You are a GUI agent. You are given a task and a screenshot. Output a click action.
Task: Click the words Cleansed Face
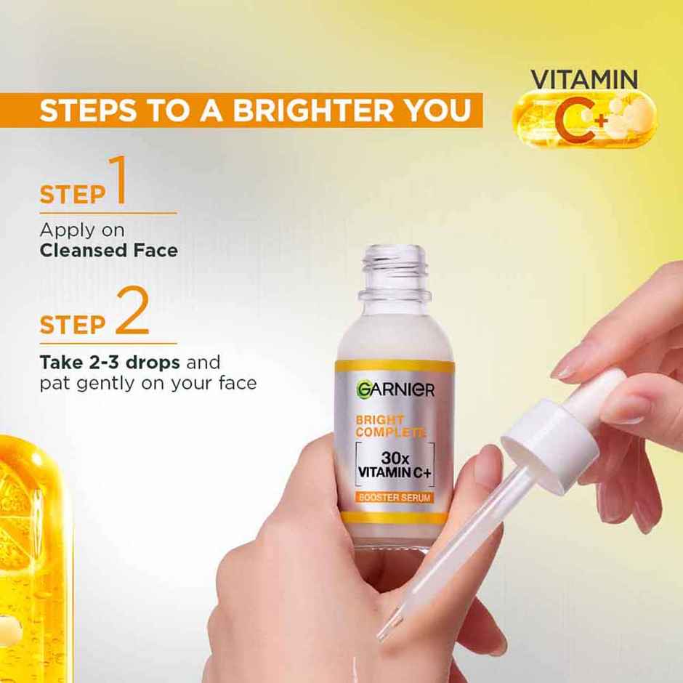coord(108,251)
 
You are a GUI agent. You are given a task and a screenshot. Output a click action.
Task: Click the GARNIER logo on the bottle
coord(395,389)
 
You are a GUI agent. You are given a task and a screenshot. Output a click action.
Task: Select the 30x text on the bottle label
coord(396,459)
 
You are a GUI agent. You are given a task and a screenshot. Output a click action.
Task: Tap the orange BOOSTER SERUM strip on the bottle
coord(395,498)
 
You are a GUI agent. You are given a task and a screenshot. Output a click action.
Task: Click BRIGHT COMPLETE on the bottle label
coord(389,427)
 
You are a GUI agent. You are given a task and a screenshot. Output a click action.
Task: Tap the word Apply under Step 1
coord(63,230)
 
